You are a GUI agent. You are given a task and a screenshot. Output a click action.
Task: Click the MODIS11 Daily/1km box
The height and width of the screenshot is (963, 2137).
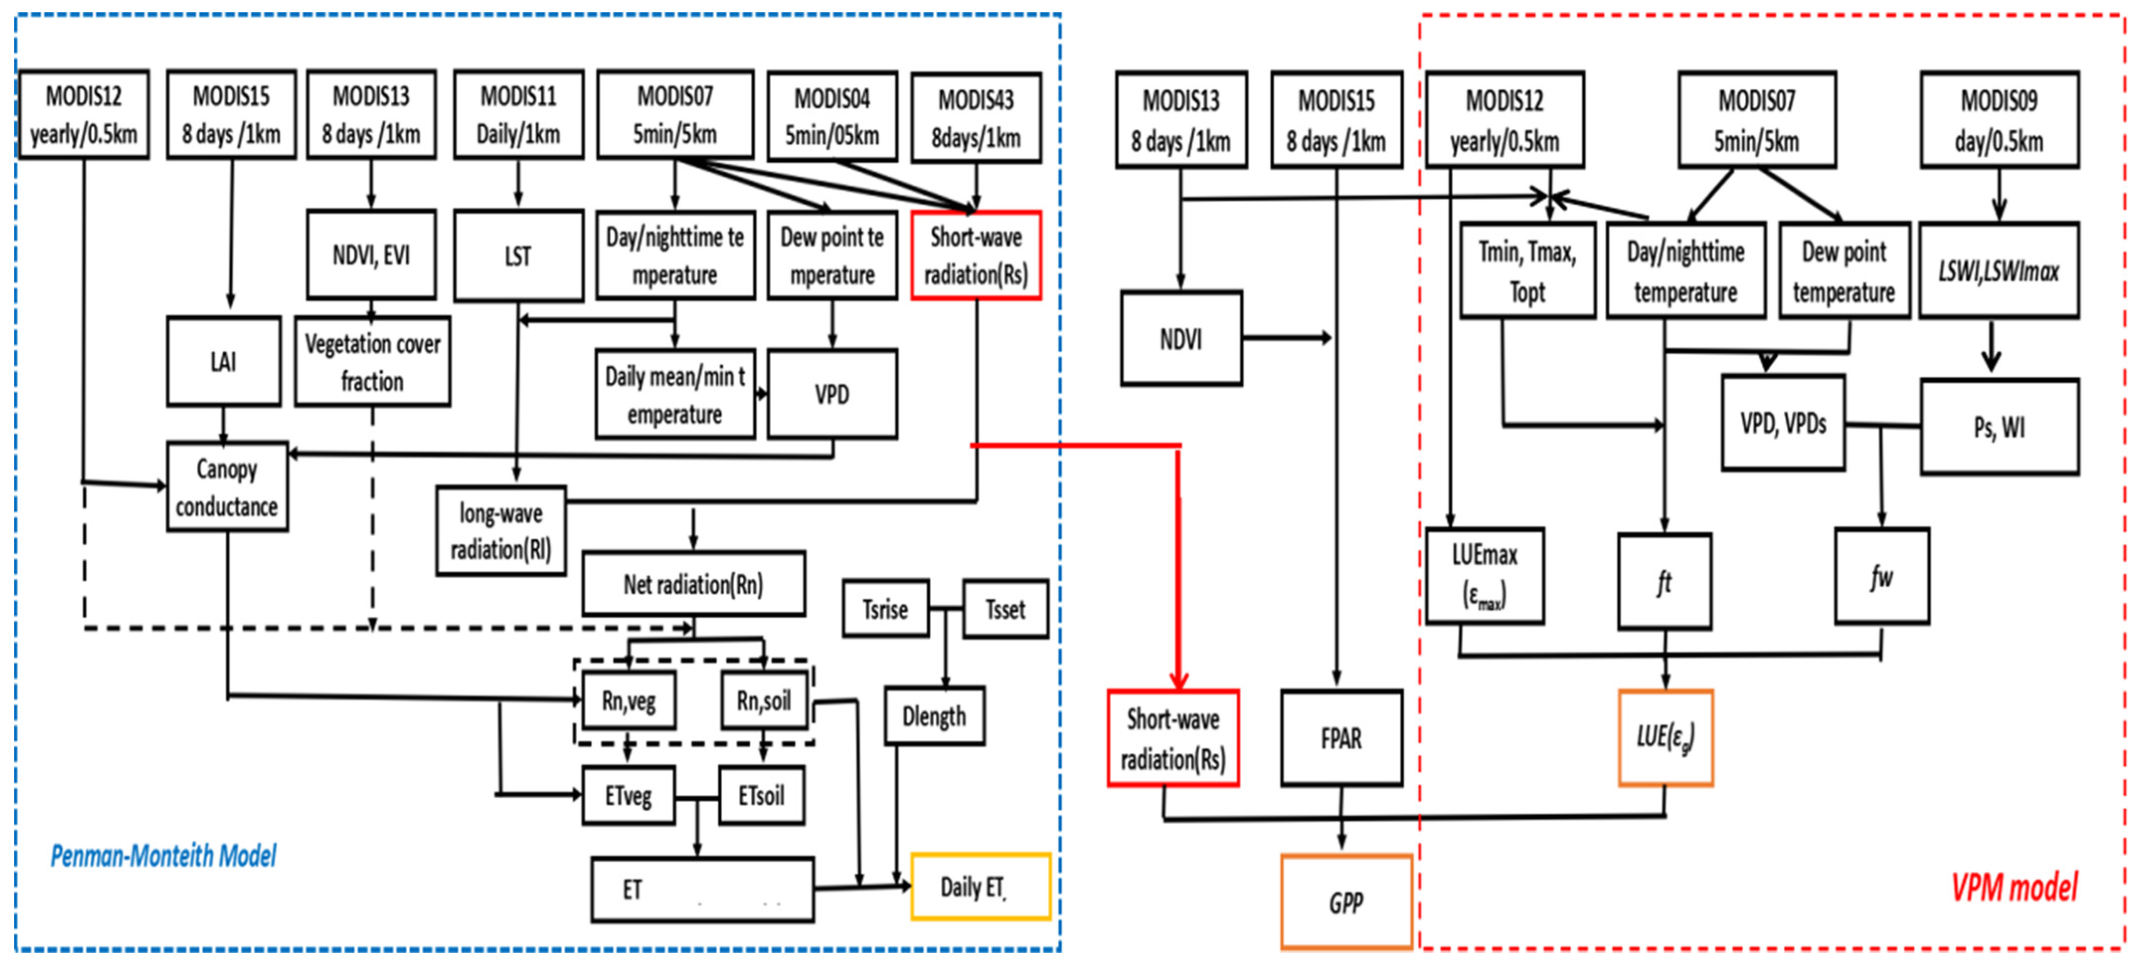tap(518, 114)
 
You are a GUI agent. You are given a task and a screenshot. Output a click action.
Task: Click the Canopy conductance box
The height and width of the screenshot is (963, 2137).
tap(226, 487)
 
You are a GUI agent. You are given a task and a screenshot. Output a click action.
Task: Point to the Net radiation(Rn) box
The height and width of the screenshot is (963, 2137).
tap(694, 585)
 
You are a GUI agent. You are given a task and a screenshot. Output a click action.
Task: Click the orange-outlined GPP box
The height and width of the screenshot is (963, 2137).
tap(1346, 902)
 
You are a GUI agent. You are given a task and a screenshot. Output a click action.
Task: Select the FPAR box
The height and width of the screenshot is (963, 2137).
tap(1341, 738)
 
